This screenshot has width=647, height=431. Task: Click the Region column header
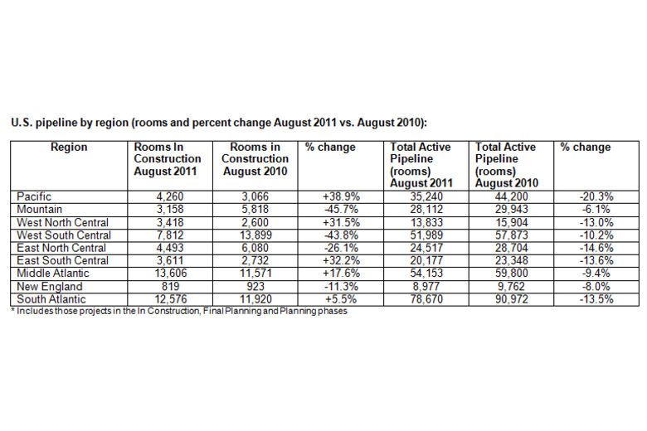68,148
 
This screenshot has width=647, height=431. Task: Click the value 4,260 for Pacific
168,196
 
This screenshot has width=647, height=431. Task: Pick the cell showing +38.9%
338,196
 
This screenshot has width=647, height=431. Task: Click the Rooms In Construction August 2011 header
168,158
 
